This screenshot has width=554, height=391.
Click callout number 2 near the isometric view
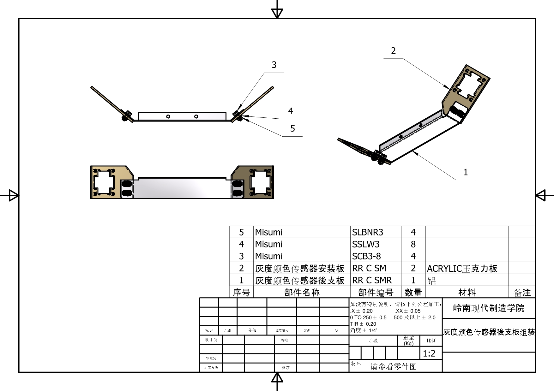(393, 51)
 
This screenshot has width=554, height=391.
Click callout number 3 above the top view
(274, 65)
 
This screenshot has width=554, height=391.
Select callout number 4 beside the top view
(291, 111)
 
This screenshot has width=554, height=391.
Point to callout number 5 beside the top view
(292, 129)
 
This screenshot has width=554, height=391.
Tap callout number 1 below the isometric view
(466, 172)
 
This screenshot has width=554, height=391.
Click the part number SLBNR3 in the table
(367, 232)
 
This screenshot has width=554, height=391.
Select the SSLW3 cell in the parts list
(366, 244)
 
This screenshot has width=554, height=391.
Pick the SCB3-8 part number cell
(366, 256)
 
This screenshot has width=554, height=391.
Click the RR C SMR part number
(372, 280)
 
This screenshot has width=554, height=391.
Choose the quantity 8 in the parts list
(413, 244)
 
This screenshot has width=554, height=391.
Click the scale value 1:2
(429, 354)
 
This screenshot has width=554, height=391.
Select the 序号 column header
(241, 293)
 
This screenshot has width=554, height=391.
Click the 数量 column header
(413, 293)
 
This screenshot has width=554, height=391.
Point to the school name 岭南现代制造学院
(489, 308)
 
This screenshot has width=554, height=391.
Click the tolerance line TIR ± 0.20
(363, 324)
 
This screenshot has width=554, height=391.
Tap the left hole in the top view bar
(168, 116)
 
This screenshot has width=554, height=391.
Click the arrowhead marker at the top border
(277, 13)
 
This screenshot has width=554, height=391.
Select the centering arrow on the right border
(541, 195)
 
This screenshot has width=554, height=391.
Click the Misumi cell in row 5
(269, 232)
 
